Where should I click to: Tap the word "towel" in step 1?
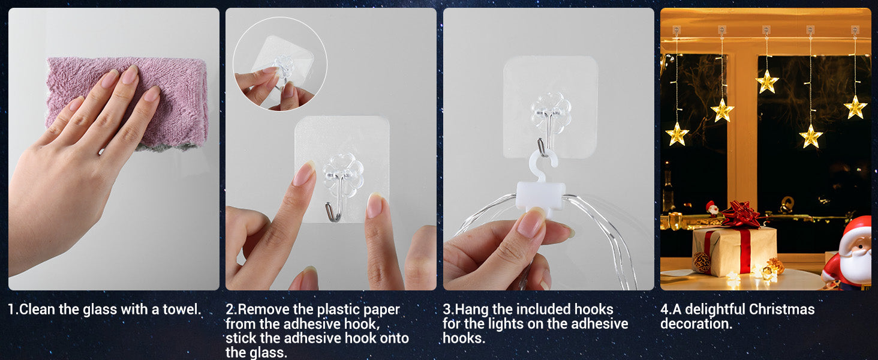click(x=181, y=310)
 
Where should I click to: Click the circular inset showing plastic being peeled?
click(x=280, y=64)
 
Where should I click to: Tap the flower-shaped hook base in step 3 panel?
click(x=551, y=112)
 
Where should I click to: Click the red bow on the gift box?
click(x=741, y=214)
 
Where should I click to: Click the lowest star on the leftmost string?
click(x=676, y=134)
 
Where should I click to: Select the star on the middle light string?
click(x=766, y=82)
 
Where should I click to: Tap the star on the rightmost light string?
click(x=855, y=107)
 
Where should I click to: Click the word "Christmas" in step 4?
click(x=781, y=310)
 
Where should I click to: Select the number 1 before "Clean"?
click(x=11, y=310)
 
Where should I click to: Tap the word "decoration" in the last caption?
click(x=694, y=324)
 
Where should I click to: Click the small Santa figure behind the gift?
click(x=712, y=209)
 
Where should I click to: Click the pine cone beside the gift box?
click(x=702, y=262)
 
